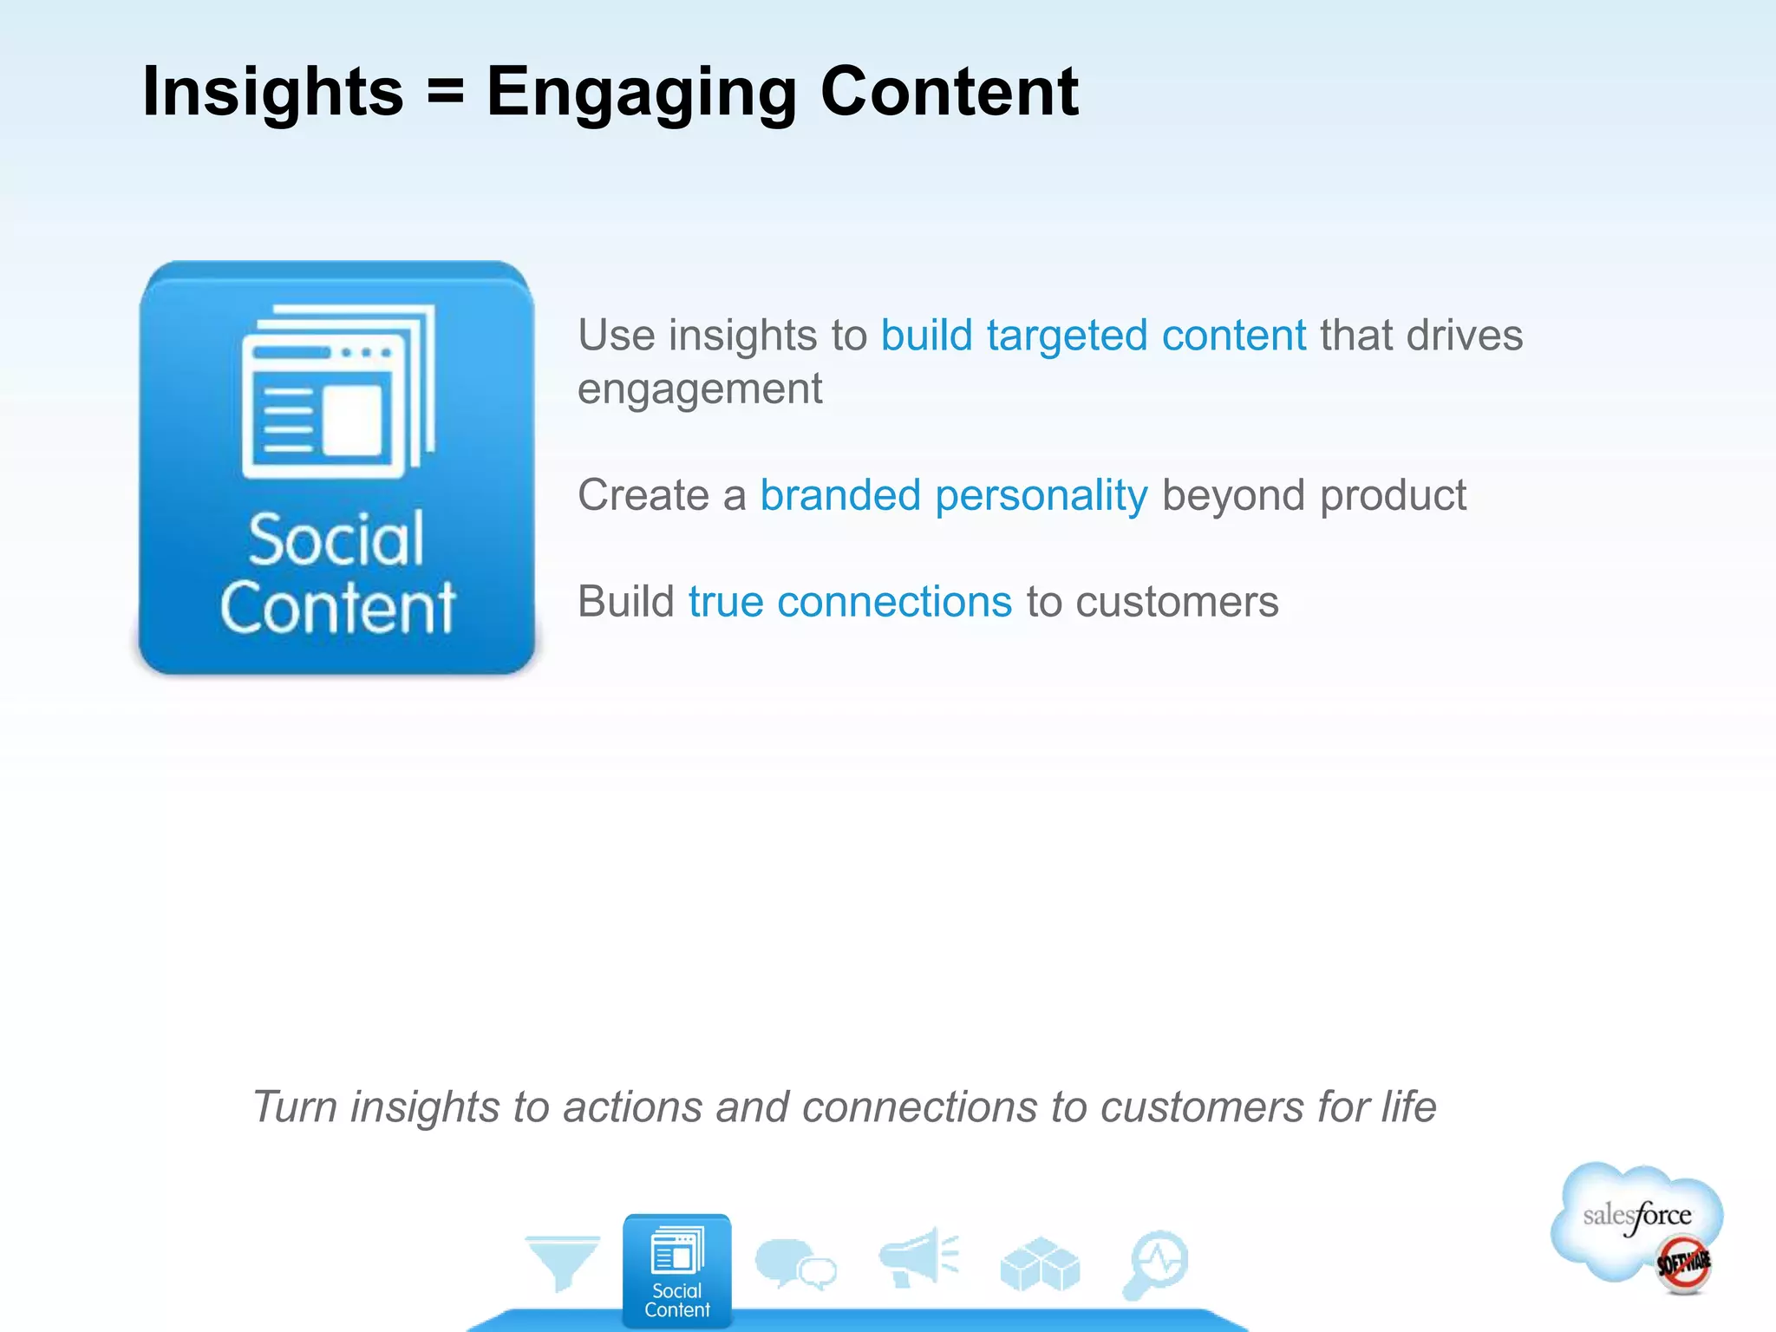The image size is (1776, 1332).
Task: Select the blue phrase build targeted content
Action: point(1093,336)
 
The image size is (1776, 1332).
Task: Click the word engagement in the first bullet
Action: point(700,389)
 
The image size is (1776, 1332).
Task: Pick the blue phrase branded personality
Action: point(953,496)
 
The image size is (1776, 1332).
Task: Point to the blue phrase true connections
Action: point(850,602)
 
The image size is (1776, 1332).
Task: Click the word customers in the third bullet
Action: point(1177,602)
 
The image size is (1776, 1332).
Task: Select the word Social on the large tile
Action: point(336,540)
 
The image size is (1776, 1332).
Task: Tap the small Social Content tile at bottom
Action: point(676,1271)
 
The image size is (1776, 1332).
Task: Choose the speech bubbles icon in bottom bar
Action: point(794,1264)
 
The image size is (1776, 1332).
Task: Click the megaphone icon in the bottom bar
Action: point(917,1257)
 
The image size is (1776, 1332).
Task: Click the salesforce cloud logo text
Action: point(1636,1216)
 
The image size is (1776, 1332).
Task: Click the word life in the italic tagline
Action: point(1408,1107)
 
